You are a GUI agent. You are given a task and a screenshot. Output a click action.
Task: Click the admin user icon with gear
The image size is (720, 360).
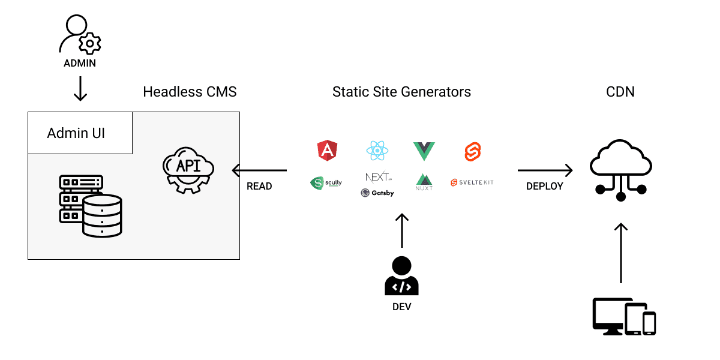80,35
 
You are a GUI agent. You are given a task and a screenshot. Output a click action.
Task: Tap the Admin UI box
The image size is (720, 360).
80,133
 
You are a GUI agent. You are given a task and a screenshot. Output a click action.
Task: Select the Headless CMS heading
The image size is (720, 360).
190,92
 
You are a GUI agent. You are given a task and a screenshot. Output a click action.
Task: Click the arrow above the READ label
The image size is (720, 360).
259,171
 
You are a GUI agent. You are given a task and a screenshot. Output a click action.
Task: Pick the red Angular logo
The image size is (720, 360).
327,150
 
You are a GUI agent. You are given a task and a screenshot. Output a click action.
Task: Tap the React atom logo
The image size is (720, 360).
377,150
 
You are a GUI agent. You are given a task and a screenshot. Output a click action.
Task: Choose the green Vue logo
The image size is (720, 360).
424,151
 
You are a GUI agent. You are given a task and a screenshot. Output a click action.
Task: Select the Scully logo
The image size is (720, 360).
326,183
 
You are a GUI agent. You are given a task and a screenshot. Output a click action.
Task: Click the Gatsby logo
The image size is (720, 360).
377,193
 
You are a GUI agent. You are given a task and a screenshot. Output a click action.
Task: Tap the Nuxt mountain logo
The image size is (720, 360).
424,182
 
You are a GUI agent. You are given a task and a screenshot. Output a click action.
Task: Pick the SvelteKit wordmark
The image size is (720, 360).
472,182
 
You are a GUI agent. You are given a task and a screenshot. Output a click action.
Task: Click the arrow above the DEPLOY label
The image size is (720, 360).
545,171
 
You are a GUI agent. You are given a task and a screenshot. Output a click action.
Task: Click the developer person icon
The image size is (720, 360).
401,276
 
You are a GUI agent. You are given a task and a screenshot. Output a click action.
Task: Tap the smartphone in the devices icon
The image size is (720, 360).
649,323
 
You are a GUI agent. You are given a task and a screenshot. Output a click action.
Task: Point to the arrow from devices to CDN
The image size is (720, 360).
621,253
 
